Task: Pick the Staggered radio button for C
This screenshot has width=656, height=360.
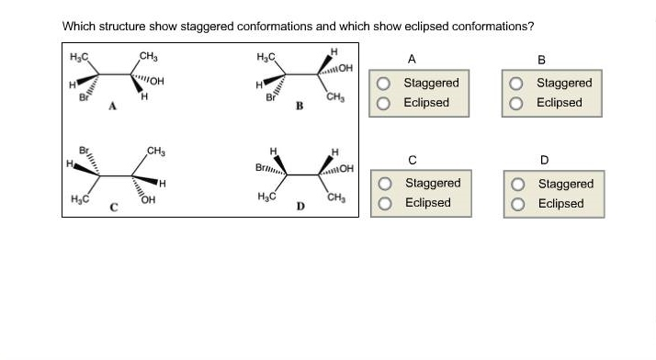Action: pyautogui.click(x=388, y=184)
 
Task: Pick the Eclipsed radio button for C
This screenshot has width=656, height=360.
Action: pyautogui.click(x=388, y=203)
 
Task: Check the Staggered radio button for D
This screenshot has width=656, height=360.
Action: pyautogui.click(x=519, y=184)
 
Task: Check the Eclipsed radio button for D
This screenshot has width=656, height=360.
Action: pyautogui.click(x=519, y=203)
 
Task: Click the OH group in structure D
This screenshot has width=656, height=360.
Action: pyautogui.click(x=347, y=169)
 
